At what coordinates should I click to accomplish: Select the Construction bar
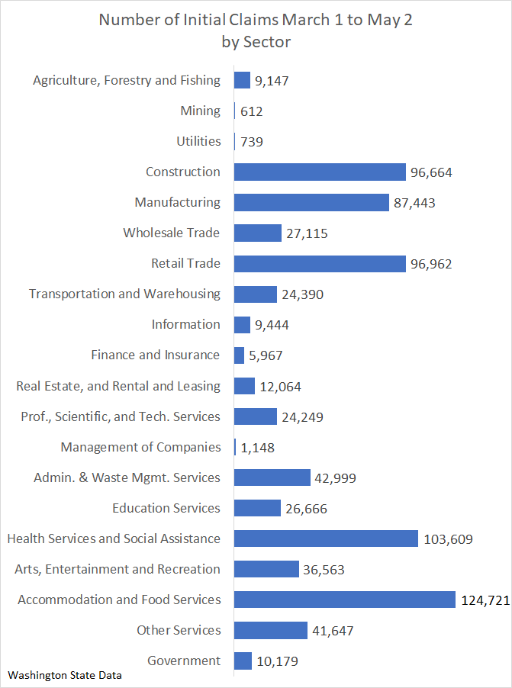(320, 172)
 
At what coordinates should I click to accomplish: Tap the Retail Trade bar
(320, 263)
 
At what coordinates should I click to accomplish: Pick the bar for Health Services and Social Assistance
(326, 539)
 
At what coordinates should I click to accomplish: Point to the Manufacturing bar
(311, 202)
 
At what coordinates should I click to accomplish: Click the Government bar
(243, 661)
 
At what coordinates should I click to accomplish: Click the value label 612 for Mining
(251, 111)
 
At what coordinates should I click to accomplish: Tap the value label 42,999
(335, 478)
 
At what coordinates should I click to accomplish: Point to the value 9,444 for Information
(272, 325)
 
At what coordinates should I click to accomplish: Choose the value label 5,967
(266, 355)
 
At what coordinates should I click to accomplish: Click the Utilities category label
(198, 141)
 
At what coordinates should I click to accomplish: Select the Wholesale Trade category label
(172, 233)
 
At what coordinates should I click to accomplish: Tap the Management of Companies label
(140, 447)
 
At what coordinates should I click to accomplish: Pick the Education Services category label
(166, 508)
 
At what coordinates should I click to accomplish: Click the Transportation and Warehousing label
(124, 294)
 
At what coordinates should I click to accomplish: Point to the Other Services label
(179, 630)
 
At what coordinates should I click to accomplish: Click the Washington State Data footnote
(65, 675)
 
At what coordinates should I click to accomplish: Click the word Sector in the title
(266, 42)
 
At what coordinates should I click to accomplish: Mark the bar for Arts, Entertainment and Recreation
(266, 569)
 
